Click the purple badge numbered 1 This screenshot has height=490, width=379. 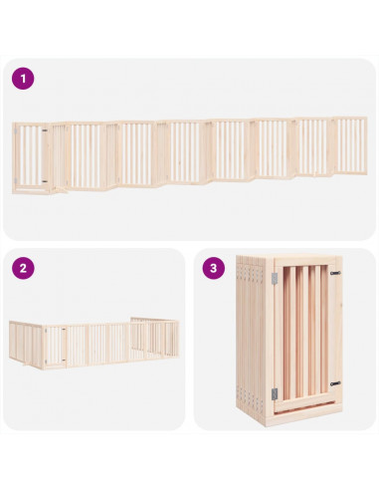(x=23, y=79)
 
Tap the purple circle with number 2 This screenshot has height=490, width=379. (x=23, y=268)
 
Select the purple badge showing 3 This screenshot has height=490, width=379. (x=214, y=268)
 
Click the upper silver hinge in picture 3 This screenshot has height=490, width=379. (x=275, y=278)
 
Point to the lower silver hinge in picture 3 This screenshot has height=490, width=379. (x=275, y=393)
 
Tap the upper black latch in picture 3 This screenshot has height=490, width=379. (x=335, y=273)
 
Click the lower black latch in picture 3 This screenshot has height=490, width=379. (x=335, y=383)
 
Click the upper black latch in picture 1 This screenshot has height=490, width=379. (x=45, y=130)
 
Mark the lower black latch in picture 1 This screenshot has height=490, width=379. (x=45, y=181)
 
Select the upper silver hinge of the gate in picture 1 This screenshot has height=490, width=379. (x=16, y=131)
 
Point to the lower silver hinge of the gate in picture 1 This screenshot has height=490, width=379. (x=16, y=180)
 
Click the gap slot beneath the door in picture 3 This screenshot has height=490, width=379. (x=303, y=407)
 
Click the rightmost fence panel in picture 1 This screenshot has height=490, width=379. (x=350, y=145)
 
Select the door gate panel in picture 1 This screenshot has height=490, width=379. (x=30, y=156)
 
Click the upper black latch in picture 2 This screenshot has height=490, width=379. (x=64, y=330)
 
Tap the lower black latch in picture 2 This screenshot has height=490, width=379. (x=64, y=360)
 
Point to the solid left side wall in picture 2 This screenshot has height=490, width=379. (x=26, y=344)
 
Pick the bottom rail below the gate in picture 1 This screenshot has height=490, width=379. (x=31, y=190)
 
